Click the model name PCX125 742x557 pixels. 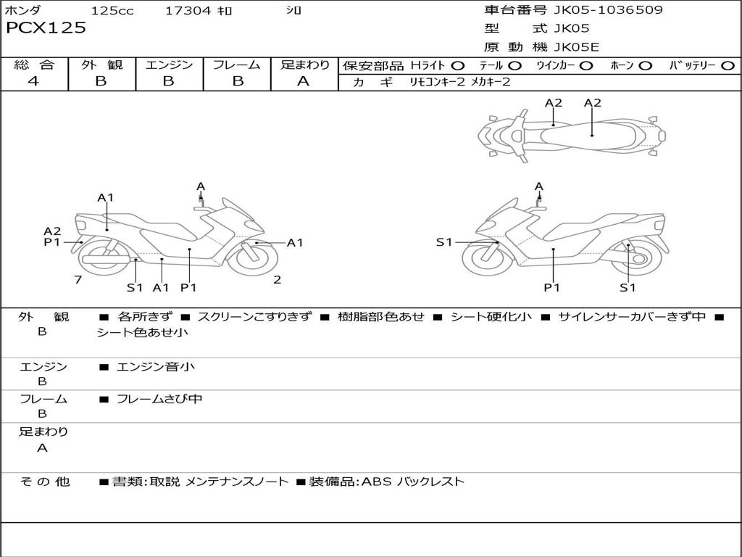tap(46, 28)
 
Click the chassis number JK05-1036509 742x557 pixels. tap(608, 10)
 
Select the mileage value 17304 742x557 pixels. tap(188, 10)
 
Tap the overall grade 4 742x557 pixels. tap(33, 81)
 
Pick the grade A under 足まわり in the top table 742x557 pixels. tap(304, 81)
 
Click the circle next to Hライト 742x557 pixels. tap(458, 66)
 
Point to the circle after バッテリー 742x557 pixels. tap(728, 66)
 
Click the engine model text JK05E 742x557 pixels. tap(576, 47)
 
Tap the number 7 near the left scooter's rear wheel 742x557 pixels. tap(78, 280)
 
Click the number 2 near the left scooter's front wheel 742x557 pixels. tap(278, 280)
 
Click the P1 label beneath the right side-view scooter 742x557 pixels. tap(551, 287)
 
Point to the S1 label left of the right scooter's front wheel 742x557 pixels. tap(444, 242)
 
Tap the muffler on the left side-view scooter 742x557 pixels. tap(107, 260)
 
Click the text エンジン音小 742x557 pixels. tap(156, 366)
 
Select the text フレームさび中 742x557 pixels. tap(159, 400)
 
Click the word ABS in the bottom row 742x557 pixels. tap(378, 482)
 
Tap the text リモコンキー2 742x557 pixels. tap(438, 82)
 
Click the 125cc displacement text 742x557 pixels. tap(112, 10)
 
